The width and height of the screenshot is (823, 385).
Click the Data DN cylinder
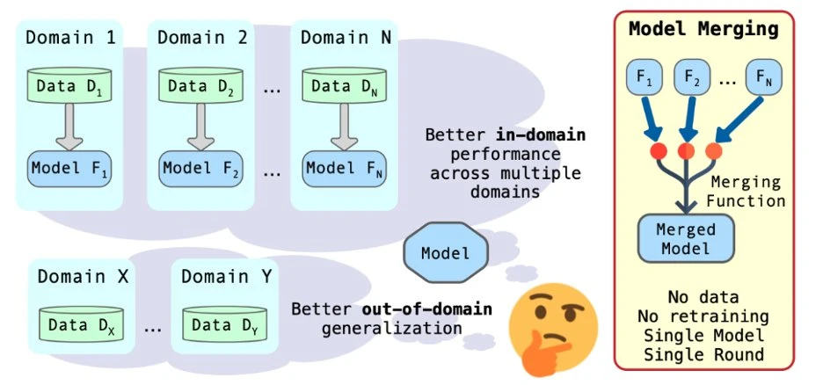pyautogui.click(x=346, y=85)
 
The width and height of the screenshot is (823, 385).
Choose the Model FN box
pyautogui.click(x=346, y=167)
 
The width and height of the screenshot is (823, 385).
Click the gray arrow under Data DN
pyautogui.click(x=346, y=127)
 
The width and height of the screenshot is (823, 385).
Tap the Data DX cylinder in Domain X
pyautogui.click(x=81, y=325)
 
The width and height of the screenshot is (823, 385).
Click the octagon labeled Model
pyautogui.click(x=445, y=253)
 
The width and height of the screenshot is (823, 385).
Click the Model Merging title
pyautogui.click(x=703, y=29)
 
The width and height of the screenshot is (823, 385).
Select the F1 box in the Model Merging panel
pyautogui.click(x=645, y=78)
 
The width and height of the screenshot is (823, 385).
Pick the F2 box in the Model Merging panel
pyautogui.click(x=692, y=78)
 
